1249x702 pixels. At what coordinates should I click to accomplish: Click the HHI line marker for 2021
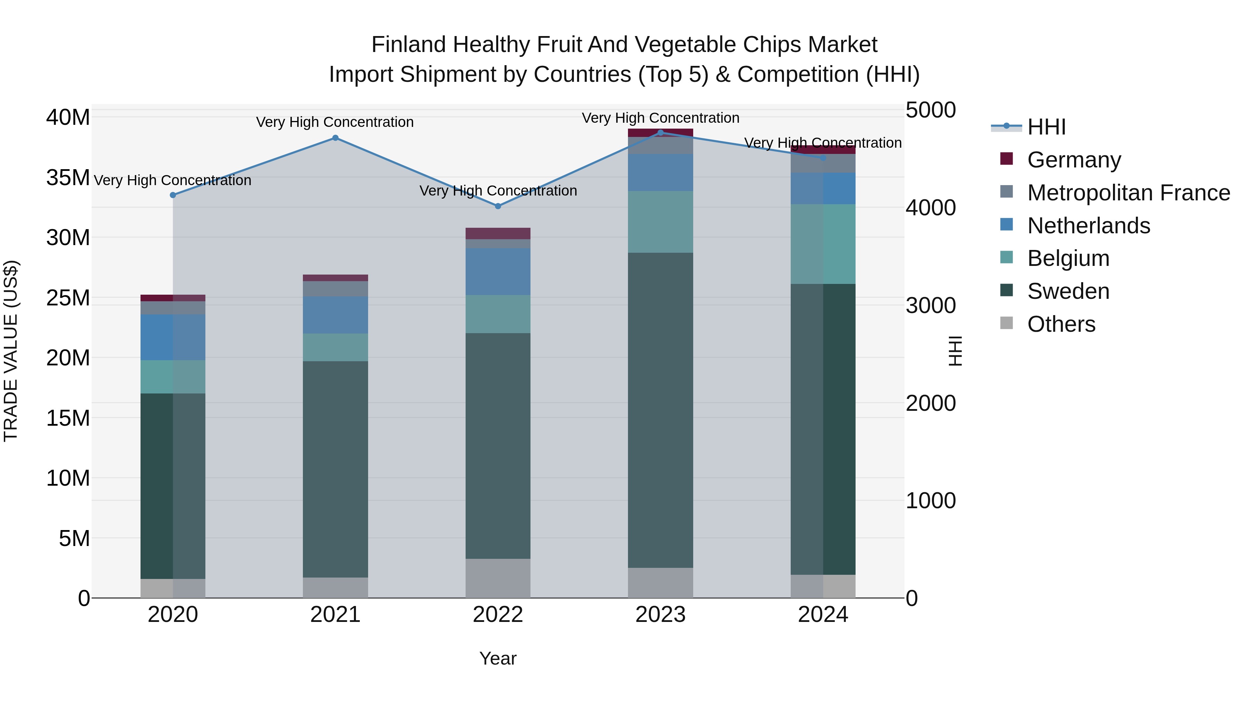(x=335, y=138)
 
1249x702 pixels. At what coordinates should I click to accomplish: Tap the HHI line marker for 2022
(x=498, y=206)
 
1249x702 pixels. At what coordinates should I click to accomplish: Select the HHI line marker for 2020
(x=173, y=195)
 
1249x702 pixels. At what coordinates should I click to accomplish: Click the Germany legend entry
(x=1073, y=160)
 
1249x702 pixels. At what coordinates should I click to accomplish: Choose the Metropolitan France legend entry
(x=1128, y=193)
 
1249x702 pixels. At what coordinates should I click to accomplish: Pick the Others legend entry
(x=1061, y=324)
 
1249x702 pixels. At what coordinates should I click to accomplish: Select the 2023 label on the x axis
(x=660, y=615)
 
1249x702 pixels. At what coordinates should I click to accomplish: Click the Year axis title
(x=498, y=658)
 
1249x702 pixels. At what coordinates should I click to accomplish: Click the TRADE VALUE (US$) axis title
(x=11, y=351)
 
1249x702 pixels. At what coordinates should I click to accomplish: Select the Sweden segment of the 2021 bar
(x=335, y=469)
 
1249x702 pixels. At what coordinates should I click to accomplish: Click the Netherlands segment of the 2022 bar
(x=498, y=271)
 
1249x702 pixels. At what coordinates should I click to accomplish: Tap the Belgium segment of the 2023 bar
(x=660, y=222)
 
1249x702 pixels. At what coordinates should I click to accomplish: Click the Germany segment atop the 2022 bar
(x=498, y=234)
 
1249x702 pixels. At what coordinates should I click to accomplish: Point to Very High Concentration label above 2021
(x=335, y=122)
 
